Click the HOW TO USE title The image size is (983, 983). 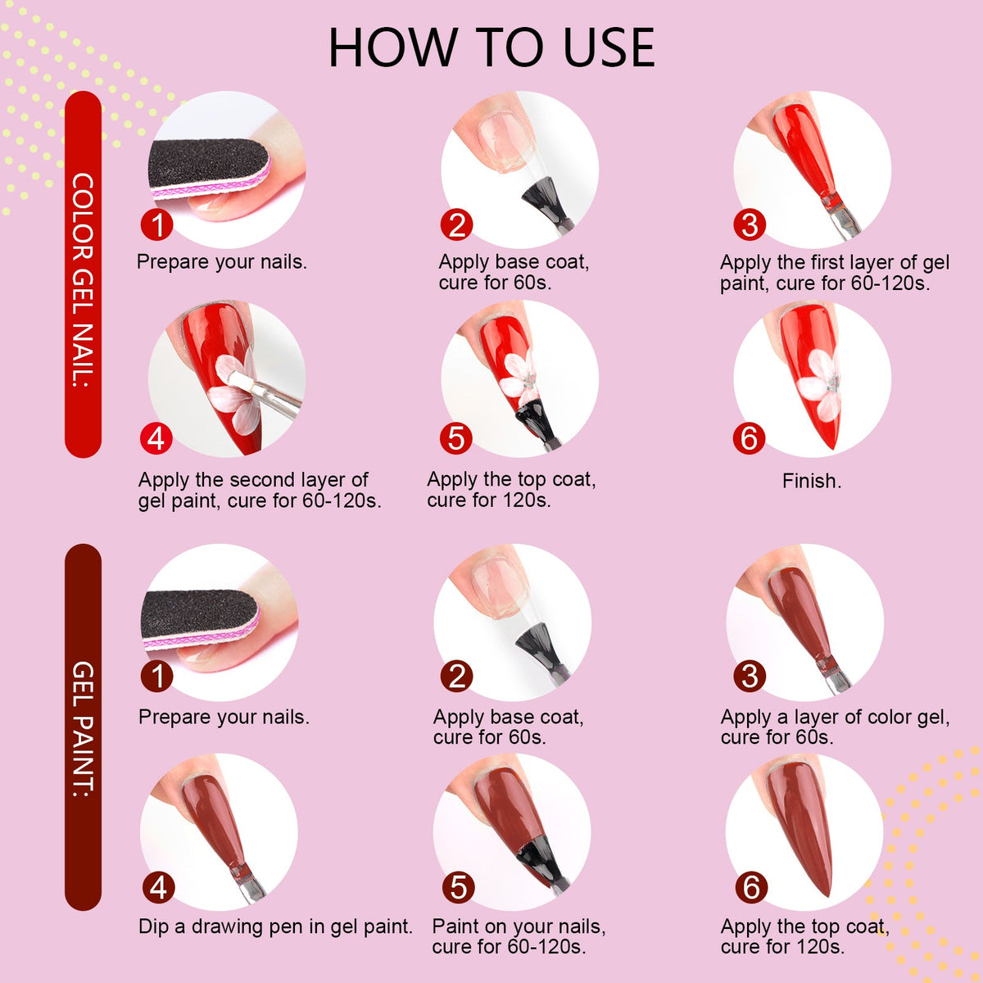pyautogui.click(x=491, y=48)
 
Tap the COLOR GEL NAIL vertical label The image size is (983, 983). pyautogui.click(x=84, y=279)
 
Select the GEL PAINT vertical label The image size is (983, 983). pyautogui.click(x=84, y=729)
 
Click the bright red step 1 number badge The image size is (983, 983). pyautogui.click(x=157, y=224)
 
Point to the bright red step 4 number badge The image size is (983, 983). pyautogui.click(x=156, y=438)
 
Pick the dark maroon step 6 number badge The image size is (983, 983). pyautogui.click(x=751, y=888)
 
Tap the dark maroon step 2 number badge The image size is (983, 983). pyautogui.click(x=456, y=677)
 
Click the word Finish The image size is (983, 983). pyautogui.click(x=812, y=481)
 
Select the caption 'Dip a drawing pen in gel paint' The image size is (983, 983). pyautogui.click(x=275, y=926)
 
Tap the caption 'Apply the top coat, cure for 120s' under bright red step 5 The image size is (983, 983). pyautogui.click(x=511, y=490)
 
